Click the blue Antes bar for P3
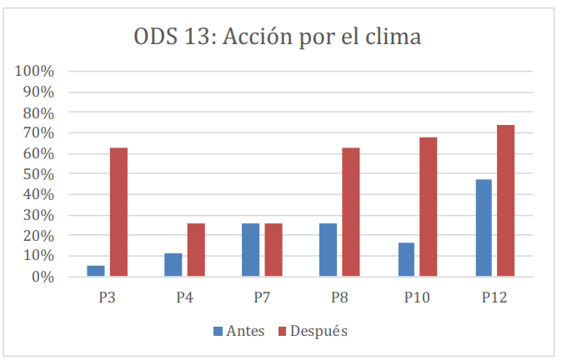(x=97, y=271)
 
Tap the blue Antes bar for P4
(x=173, y=265)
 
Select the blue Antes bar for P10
(x=406, y=260)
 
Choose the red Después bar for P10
(x=429, y=207)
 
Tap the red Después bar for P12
(x=506, y=201)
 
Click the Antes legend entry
(x=238, y=331)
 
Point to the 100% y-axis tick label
(x=35, y=72)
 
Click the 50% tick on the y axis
(x=38, y=174)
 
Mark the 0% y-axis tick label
(x=42, y=277)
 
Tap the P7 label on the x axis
(x=262, y=297)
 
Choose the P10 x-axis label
(x=417, y=297)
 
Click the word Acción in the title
(x=262, y=38)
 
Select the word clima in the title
(x=394, y=38)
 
